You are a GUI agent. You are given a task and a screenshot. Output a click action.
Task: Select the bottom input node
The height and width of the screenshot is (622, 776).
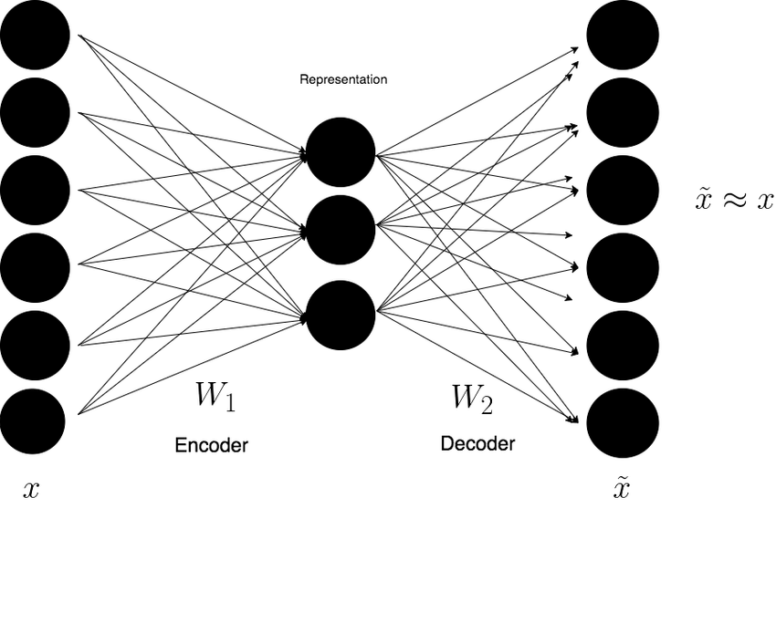coord(33,421)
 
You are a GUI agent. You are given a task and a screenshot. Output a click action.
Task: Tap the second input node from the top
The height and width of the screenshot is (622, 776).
coord(35,113)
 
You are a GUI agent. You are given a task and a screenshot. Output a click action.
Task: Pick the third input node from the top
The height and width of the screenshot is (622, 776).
coord(35,191)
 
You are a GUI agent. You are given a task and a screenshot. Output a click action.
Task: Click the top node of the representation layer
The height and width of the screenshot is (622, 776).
coord(341,152)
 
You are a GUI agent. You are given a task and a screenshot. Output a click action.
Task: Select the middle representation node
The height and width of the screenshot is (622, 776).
coord(341,230)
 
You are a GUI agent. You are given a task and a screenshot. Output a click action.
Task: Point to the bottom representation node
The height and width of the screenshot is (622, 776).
coord(341,316)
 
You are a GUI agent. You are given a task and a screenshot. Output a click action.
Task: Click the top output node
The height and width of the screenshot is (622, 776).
coord(623,36)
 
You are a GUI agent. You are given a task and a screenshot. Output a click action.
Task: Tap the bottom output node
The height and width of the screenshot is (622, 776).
coord(623,421)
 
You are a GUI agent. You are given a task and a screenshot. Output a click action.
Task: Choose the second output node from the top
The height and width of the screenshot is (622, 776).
coord(623,113)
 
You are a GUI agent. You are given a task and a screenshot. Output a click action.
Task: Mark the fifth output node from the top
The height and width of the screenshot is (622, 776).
coord(623,345)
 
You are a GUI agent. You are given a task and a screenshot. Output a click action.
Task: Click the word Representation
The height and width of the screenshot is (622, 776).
coord(343,80)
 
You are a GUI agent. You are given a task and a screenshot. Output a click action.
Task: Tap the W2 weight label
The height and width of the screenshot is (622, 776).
coord(472,399)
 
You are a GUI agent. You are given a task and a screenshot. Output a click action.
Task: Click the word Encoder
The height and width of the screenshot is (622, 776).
coord(211,446)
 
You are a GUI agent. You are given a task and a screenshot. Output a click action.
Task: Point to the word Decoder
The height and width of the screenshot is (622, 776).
coord(477,444)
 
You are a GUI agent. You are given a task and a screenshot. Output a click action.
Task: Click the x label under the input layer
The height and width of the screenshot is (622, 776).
coord(31,491)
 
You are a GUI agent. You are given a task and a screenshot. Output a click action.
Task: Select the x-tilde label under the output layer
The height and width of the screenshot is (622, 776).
coord(621,488)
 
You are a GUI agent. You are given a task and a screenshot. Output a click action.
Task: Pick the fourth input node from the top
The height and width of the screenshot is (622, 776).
coord(35,267)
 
